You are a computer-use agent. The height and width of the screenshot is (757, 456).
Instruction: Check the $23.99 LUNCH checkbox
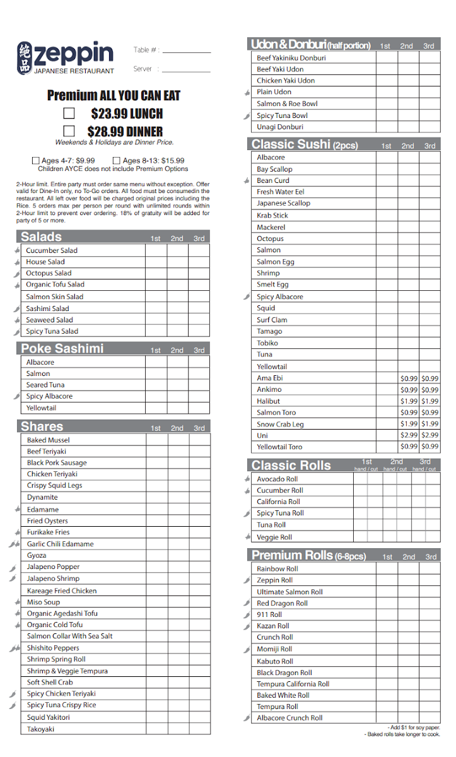coord(69,114)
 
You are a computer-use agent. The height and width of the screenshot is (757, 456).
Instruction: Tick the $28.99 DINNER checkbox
coord(69,131)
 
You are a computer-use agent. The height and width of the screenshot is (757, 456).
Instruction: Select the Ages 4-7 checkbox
coord(36,161)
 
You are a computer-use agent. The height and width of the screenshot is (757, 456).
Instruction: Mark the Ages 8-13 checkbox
coord(116,161)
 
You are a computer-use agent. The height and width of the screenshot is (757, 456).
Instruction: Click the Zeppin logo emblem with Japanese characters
coord(25,59)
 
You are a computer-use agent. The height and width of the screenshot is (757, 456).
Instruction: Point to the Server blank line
coord(186,71)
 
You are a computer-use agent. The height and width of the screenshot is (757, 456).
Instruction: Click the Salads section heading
coord(41,237)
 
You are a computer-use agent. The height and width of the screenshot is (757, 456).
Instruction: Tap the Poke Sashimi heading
coord(62,349)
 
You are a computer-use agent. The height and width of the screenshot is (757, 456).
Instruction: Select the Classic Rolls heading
coord(291,466)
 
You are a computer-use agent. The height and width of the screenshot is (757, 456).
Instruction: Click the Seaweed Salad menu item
coord(49,320)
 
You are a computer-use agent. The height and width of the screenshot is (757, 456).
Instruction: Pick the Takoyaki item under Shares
coord(40,729)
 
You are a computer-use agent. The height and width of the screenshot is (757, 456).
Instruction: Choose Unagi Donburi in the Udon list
coord(279,127)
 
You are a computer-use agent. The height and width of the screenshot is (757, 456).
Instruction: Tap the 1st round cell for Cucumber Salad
coord(156,250)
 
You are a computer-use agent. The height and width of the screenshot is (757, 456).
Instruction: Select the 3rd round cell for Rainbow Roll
coord(430,568)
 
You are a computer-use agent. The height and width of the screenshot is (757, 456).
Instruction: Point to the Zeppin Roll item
coord(274,580)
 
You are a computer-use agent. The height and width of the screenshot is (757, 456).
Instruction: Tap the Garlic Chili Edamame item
coord(60,544)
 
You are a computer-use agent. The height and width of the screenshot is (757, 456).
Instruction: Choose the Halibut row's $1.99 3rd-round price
coord(430,401)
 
